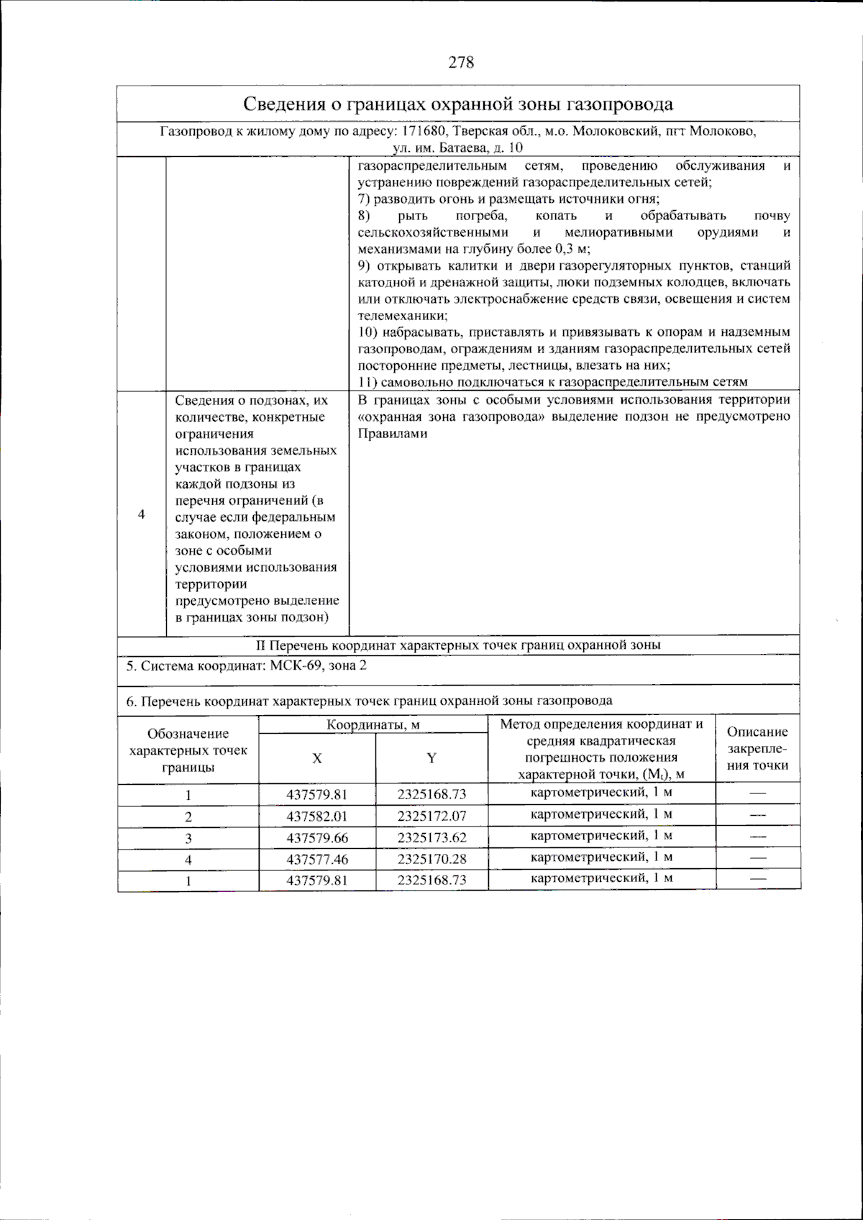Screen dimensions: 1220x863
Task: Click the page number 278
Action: (x=461, y=63)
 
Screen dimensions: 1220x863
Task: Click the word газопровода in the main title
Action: (x=620, y=104)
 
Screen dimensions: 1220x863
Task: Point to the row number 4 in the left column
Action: (x=142, y=515)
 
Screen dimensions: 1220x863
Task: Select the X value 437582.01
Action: (x=317, y=816)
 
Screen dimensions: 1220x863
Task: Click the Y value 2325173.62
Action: (x=431, y=838)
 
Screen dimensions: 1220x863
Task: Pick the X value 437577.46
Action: (x=317, y=860)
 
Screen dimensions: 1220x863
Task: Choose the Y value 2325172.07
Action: (x=431, y=816)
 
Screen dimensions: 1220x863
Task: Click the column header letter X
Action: (x=317, y=758)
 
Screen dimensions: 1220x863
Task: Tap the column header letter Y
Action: (x=431, y=758)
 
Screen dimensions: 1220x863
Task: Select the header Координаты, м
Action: (x=373, y=724)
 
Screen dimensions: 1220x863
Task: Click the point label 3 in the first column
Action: (x=188, y=838)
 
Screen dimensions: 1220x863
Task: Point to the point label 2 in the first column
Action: (x=188, y=816)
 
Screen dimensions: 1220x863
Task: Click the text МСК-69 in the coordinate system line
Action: (x=297, y=666)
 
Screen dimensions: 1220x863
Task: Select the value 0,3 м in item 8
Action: (x=572, y=249)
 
